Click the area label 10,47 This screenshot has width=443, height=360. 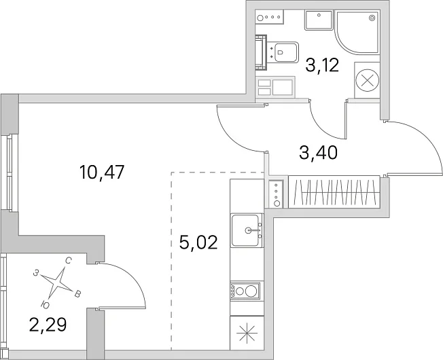pos(102,173)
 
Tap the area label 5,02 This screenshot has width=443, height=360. pos(198,242)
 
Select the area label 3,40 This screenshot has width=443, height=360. pos(319,153)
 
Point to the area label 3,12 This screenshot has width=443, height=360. pos(322,65)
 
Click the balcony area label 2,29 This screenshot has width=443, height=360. pos(48,325)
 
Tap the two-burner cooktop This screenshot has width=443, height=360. pos(245,291)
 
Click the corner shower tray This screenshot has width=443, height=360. pos(357,32)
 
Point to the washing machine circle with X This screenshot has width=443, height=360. pos(367,80)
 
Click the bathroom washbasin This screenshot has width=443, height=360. pos(319,20)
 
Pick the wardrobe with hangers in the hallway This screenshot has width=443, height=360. pos(334,192)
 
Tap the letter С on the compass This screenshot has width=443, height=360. pos(68,261)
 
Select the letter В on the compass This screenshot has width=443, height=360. pos(77,294)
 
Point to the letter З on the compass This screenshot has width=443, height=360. pos(36,273)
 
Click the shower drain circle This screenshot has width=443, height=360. pos(372,18)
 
